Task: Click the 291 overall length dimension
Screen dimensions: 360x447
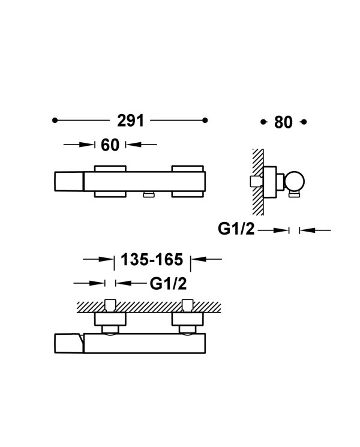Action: coord(131,121)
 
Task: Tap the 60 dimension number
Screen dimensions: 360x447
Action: coord(110,145)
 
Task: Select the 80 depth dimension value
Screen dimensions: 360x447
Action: coord(283,122)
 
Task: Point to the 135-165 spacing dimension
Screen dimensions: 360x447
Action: coord(152,259)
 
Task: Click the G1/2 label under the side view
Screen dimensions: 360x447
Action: coord(236,229)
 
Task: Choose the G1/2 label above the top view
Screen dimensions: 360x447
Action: coord(169,284)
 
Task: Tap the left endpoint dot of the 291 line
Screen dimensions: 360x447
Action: coord(55,121)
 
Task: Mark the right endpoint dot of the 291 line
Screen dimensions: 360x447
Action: coord(205,121)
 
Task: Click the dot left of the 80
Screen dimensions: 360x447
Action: coord(263,122)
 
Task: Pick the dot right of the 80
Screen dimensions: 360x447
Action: coord(304,122)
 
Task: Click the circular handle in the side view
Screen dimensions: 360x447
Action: coord(294,181)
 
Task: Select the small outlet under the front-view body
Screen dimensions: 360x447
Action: coord(149,194)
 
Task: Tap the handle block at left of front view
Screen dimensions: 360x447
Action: coord(68,181)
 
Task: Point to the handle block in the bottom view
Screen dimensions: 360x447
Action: coord(68,344)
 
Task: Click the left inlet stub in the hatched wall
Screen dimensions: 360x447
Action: coord(110,305)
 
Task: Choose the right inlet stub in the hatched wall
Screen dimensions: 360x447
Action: coord(187,305)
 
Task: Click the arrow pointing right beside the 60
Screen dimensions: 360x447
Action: coord(79,145)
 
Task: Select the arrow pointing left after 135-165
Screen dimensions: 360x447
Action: coord(206,259)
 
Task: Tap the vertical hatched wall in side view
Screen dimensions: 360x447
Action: coord(257,182)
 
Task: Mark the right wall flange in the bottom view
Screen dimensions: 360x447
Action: coord(188,319)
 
